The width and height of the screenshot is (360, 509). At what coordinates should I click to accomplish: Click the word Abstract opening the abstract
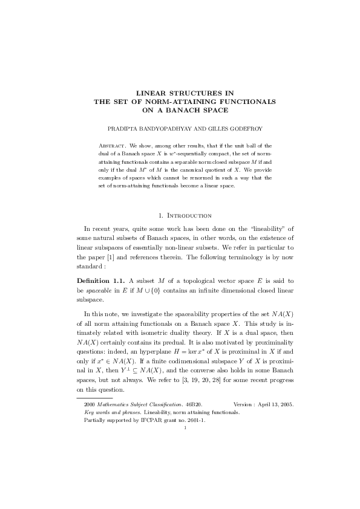pyautogui.click(x=112, y=146)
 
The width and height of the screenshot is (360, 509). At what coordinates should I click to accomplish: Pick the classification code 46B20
pyautogui.click(x=193, y=403)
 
